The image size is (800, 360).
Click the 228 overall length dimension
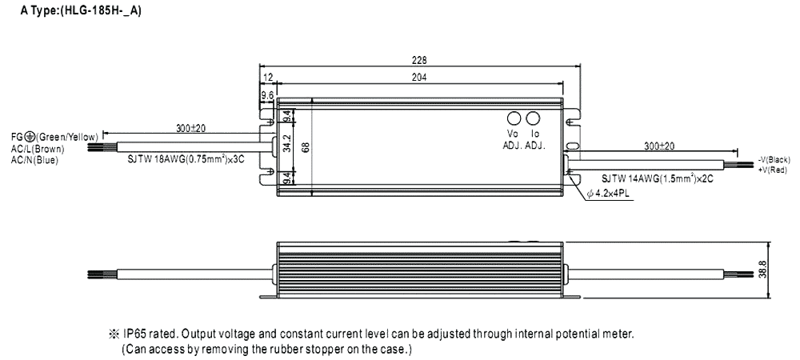[419, 60]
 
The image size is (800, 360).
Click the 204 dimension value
[419, 78]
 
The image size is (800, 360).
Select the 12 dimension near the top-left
[268, 78]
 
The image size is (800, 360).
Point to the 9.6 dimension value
[267, 95]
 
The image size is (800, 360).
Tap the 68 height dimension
[305, 146]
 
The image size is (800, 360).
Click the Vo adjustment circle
[514, 117]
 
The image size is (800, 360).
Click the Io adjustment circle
[532, 117]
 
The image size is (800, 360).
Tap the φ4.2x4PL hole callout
[609, 194]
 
